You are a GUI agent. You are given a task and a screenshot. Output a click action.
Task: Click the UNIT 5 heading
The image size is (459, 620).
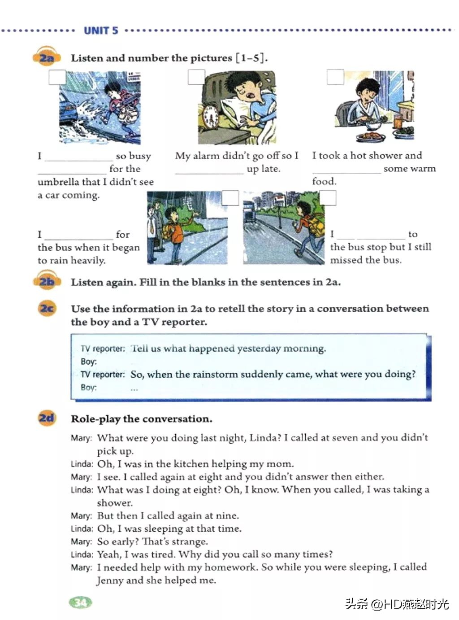point(101,31)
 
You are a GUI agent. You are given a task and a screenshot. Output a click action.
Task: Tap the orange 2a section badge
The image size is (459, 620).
point(46,58)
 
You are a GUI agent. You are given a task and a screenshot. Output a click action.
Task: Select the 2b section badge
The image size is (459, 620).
point(46,282)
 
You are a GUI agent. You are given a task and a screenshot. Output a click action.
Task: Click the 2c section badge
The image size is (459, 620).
point(47,309)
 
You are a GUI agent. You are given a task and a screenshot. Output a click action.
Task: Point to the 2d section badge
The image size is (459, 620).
point(46,418)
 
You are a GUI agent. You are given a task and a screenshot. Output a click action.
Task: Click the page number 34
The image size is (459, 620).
point(81,602)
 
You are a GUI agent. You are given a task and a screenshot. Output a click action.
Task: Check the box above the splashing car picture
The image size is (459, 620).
point(57,77)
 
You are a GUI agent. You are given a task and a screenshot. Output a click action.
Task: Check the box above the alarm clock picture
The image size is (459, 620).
point(196,77)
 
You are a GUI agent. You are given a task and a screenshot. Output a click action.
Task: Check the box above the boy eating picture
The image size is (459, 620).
point(335,77)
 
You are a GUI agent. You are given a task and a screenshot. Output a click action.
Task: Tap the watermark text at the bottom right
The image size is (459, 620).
point(397,604)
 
